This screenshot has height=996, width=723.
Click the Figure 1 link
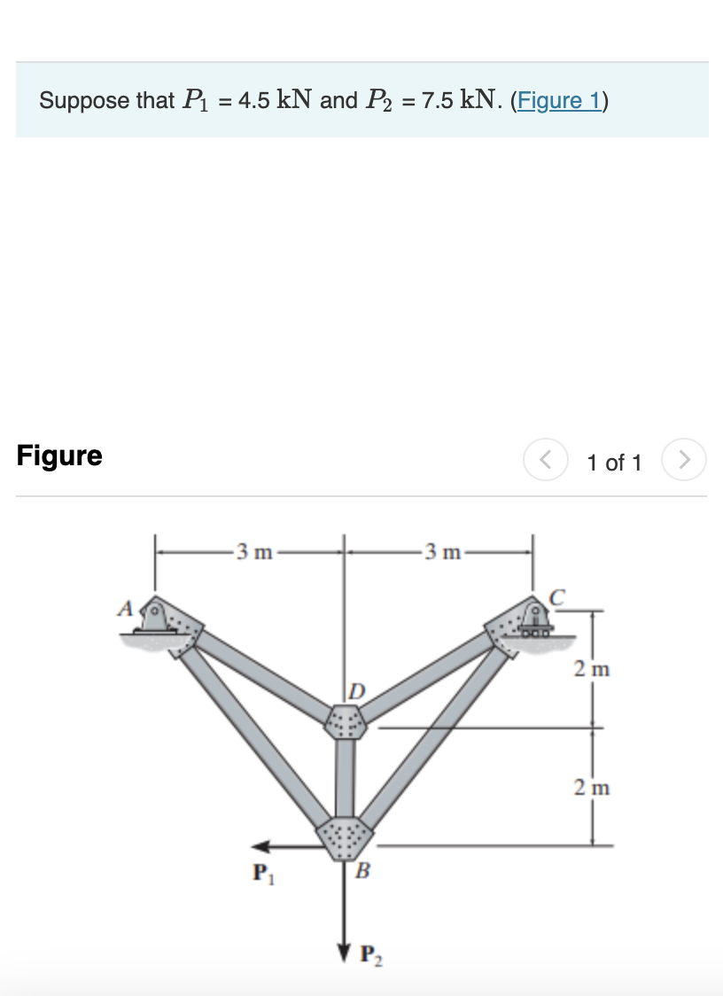point(558,100)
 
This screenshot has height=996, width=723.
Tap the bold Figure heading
point(59,455)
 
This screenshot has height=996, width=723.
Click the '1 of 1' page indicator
point(614,463)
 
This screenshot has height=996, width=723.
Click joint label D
point(355,689)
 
